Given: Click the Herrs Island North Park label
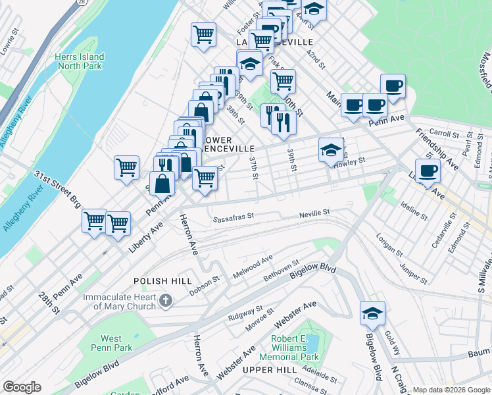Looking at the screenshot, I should (x=80, y=61).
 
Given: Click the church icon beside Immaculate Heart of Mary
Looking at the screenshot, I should (x=166, y=302).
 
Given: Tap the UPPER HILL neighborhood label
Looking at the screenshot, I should (x=270, y=371).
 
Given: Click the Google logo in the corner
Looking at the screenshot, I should (x=22, y=388).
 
